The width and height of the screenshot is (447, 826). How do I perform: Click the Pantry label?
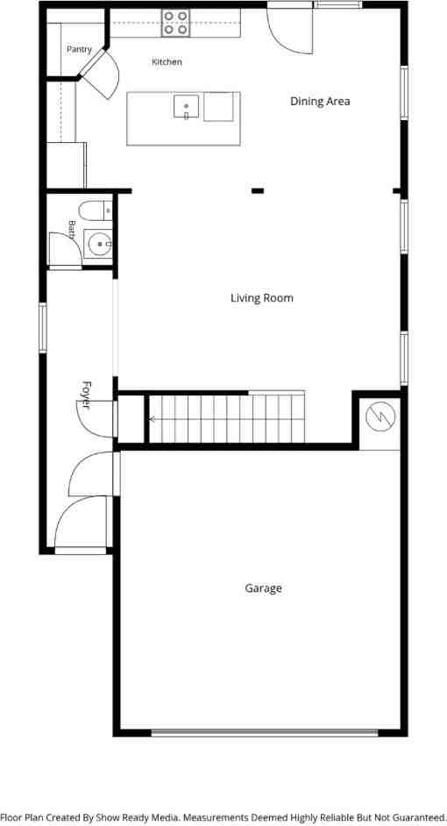click(79, 49)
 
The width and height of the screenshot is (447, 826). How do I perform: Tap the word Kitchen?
click(167, 62)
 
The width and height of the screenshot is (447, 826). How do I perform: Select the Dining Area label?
click(320, 101)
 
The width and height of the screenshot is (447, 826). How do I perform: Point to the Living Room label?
click(262, 298)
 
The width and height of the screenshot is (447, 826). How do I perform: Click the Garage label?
click(263, 587)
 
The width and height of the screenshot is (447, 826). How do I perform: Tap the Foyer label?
click(87, 395)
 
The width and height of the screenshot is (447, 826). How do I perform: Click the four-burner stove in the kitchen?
click(175, 23)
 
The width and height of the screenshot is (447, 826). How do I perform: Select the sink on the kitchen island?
click(187, 106)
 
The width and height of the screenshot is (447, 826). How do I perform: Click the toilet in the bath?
click(96, 210)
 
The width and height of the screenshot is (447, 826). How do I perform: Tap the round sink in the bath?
click(99, 245)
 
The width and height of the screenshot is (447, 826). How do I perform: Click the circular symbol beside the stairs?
click(380, 417)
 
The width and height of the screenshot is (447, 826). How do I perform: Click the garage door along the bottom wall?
click(265, 732)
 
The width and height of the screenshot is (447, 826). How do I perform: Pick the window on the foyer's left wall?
click(43, 328)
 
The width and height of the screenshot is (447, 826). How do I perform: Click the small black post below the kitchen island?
click(258, 190)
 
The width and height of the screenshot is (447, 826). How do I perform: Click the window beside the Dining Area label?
click(404, 93)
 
